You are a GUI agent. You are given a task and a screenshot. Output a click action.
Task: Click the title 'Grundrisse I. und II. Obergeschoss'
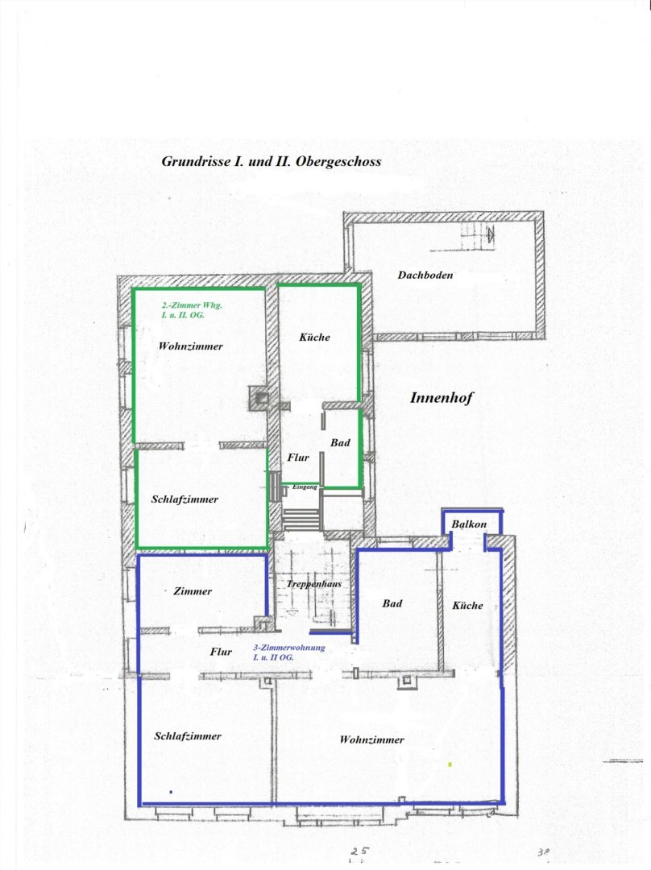pyautogui.click(x=271, y=161)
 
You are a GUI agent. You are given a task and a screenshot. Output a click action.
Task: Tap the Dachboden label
pyautogui.click(x=425, y=275)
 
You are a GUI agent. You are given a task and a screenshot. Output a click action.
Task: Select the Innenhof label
pyautogui.click(x=442, y=398)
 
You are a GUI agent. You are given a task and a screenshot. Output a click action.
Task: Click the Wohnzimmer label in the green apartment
pyautogui.click(x=190, y=346)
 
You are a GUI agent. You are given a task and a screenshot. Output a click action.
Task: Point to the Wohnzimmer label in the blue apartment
pyautogui.click(x=372, y=739)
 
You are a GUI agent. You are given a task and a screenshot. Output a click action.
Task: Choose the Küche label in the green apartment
pyautogui.click(x=315, y=337)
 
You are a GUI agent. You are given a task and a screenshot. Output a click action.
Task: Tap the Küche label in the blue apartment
pyautogui.click(x=467, y=605)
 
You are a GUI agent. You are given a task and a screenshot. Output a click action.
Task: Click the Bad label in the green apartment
pyautogui.click(x=340, y=443)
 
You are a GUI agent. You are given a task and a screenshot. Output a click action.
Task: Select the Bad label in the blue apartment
pyautogui.click(x=392, y=603)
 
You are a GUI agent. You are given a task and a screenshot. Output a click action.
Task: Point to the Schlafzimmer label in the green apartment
pyautogui.click(x=185, y=499)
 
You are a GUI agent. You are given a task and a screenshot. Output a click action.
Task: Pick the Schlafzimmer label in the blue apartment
pyautogui.click(x=188, y=736)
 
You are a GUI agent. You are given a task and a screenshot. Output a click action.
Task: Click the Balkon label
pyautogui.click(x=469, y=524)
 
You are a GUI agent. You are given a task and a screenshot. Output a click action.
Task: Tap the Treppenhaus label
pyautogui.click(x=313, y=584)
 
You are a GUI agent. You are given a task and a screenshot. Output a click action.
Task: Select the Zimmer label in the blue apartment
pyautogui.click(x=193, y=591)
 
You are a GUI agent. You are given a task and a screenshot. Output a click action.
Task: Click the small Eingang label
pyautogui.click(x=305, y=487)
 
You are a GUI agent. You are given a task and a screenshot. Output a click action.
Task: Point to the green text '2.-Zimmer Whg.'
pyautogui.click(x=192, y=305)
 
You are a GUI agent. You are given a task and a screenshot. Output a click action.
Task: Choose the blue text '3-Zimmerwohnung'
pyautogui.click(x=289, y=648)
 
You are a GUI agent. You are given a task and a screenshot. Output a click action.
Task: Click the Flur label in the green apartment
pyautogui.click(x=298, y=458)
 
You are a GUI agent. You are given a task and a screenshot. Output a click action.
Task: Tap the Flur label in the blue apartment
pyautogui.click(x=221, y=652)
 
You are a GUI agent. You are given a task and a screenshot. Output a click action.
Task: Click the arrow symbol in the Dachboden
pyautogui.click(x=490, y=234)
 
